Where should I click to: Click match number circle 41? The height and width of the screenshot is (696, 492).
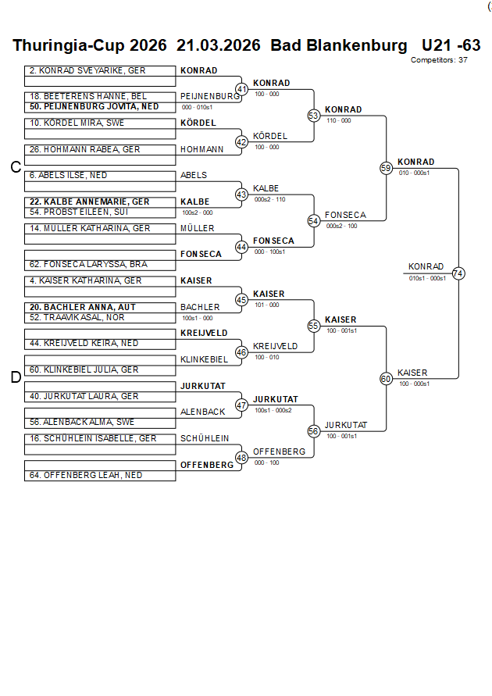point(241,90)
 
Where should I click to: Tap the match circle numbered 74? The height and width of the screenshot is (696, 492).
point(458,273)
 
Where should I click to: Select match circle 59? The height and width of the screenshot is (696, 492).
point(386,168)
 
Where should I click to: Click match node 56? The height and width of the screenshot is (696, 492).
point(314,431)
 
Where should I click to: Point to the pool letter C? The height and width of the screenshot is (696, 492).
point(15,167)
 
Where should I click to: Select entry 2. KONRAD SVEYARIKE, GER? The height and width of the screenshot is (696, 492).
point(87,70)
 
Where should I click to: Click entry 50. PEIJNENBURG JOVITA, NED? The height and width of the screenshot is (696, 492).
point(94,106)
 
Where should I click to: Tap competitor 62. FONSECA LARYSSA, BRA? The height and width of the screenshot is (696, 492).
point(88,264)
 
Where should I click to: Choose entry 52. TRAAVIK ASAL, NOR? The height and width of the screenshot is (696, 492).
point(77,317)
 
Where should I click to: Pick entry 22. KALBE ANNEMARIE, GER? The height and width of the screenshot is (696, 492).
point(90,202)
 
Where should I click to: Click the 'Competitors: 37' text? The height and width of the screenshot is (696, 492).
point(439,59)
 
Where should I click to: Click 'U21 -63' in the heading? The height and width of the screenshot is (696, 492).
point(451,45)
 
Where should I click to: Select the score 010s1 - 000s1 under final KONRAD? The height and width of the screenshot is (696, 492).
point(427,278)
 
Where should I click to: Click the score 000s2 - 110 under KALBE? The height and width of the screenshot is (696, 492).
point(269,199)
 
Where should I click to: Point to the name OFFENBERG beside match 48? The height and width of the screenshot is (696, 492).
point(279,452)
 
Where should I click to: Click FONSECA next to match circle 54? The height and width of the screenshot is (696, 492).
point(345,215)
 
